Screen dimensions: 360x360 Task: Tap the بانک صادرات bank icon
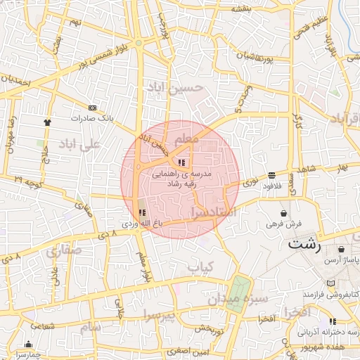click(92, 107)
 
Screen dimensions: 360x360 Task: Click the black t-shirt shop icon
click(47, 122)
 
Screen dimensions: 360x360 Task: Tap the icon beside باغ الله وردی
click(141, 212)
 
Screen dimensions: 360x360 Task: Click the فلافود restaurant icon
click(272, 175)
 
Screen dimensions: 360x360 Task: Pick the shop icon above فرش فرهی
click(283, 213)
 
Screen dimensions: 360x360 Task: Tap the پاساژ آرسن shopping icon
click(341, 250)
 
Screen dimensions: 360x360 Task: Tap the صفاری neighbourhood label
click(63, 250)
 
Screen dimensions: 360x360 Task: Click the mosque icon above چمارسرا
click(28, 344)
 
